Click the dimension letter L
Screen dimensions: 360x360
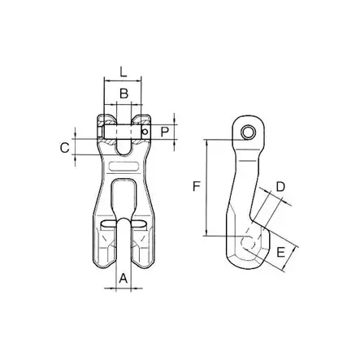124,72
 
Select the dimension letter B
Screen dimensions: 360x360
124,93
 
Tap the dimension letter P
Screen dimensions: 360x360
165,132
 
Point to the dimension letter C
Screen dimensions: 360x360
65,148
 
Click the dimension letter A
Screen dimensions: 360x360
124,278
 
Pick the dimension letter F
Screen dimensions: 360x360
196,187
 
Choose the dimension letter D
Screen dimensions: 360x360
280,187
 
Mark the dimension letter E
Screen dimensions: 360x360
280,252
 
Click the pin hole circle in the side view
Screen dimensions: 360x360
248,132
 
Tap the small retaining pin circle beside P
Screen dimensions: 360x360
145,132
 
